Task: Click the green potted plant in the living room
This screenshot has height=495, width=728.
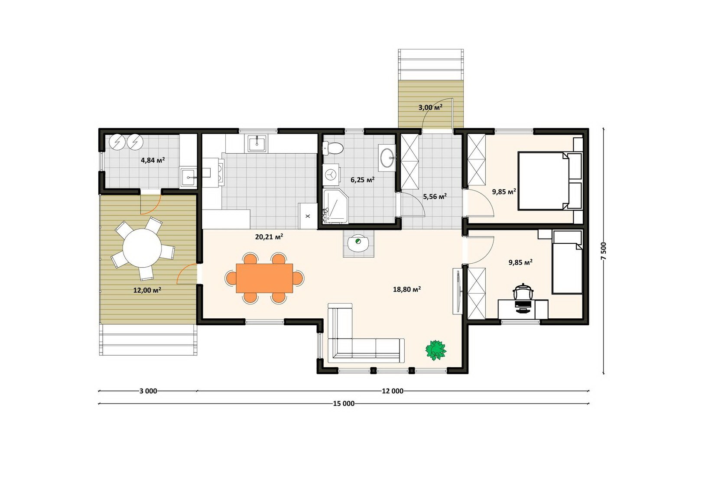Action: pyautogui.click(x=436, y=350)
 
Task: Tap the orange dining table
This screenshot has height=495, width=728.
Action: pyautogui.click(x=264, y=278)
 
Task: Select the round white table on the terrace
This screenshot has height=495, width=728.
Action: pyautogui.click(x=142, y=248)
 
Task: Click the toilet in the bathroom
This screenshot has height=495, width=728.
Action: pyautogui.click(x=332, y=149)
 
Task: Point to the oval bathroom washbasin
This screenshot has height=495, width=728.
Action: pyautogui.click(x=387, y=158)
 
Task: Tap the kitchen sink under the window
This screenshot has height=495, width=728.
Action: pyautogui.click(x=257, y=143)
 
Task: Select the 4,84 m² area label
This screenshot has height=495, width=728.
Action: pyautogui.click(x=153, y=160)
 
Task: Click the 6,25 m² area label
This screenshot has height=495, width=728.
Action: pyautogui.click(x=362, y=180)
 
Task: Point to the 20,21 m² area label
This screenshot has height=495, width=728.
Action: pyautogui.click(x=269, y=237)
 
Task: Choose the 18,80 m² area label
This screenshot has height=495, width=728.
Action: pyautogui.click(x=407, y=289)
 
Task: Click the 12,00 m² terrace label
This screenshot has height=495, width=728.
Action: pyautogui.click(x=147, y=290)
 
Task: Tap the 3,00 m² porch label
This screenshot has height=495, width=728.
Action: pyautogui.click(x=430, y=107)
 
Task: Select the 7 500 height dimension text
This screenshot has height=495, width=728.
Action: pyautogui.click(x=604, y=251)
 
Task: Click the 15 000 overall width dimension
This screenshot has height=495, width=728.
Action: pyautogui.click(x=344, y=404)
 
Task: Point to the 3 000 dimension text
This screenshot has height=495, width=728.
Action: pyautogui.click(x=148, y=391)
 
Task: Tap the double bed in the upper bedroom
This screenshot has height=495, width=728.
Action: pyautogui.click(x=549, y=181)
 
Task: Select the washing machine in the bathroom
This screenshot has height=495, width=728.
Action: pyautogui.click(x=331, y=175)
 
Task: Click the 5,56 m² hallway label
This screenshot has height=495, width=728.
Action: pyautogui.click(x=435, y=196)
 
